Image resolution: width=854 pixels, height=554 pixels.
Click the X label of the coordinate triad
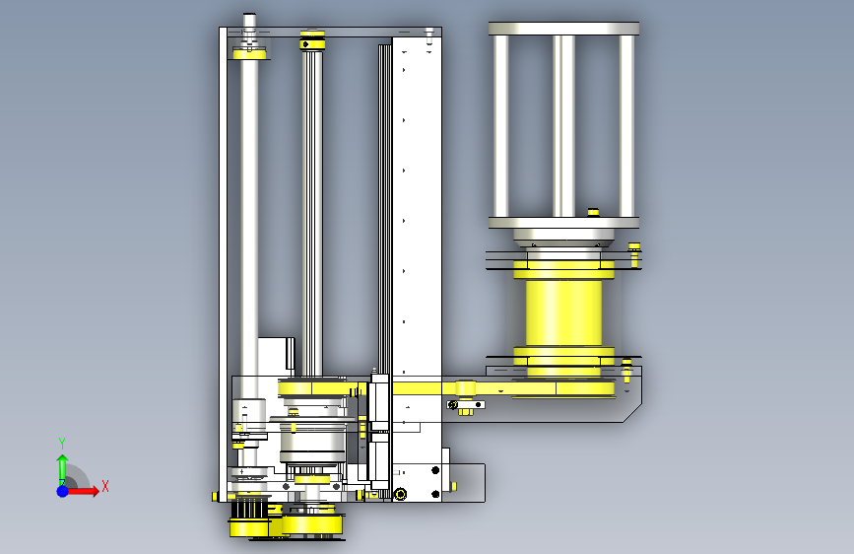tap(105, 486)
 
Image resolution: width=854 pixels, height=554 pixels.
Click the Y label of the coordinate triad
tap(62, 444)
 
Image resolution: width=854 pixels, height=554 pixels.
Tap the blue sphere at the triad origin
tap(63, 491)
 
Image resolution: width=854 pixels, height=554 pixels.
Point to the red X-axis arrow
tap(81, 491)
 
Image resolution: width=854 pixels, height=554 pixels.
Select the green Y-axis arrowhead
tap(63, 459)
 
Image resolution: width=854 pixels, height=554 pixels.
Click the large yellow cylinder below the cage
tap(563, 312)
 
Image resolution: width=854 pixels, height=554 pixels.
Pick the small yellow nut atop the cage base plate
tap(593, 212)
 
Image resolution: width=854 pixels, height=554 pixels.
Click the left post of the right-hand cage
tap(500, 126)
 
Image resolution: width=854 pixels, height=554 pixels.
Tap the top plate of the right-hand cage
tap(563, 29)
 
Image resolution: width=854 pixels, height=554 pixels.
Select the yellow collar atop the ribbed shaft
tap(312, 40)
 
